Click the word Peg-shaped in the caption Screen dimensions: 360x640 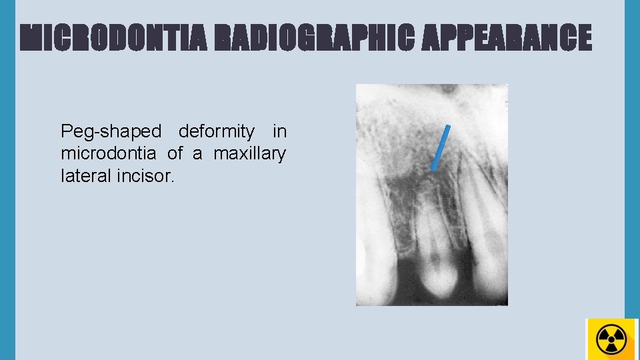coord(111,131)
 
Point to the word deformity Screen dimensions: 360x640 coord(217,131)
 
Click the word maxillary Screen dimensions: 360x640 coord(250,154)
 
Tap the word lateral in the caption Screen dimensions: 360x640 coord(83,177)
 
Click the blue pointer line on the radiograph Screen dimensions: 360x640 coord(441,147)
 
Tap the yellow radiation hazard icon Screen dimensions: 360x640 coord(612,339)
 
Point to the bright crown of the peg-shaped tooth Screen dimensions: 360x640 coord(437,277)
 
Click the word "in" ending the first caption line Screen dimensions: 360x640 coord(279,131)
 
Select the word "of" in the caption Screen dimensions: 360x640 coord(175,154)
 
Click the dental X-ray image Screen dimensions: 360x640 coord(431,195)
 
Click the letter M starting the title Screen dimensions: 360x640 coord(31,38)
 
